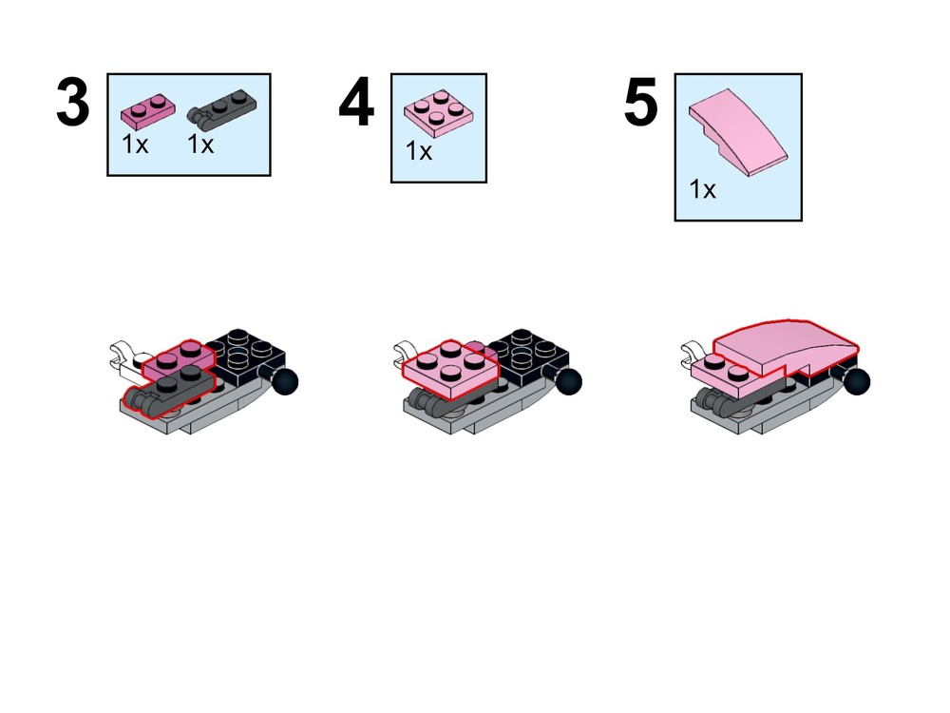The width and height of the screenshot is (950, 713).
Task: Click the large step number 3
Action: click(x=73, y=103)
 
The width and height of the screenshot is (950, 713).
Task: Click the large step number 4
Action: click(x=356, y=103)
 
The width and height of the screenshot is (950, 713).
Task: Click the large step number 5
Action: click(x=641, y=103)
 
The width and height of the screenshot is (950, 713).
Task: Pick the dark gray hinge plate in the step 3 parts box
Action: click(x=221, y=109)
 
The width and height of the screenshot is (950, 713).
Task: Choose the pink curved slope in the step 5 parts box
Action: click(x=738, y=132)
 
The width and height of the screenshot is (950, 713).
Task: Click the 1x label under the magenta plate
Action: click(x=135, y=145)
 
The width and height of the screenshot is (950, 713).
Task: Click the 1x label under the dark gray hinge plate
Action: click(x=200, y=145)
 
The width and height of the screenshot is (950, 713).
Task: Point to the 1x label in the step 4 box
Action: click(x=419, y=151)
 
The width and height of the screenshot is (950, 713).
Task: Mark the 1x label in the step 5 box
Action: click(x=703, y=189)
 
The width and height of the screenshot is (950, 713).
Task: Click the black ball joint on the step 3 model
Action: click(x=285, y=382)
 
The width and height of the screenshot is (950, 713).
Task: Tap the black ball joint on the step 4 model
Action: click(x=568, y=382)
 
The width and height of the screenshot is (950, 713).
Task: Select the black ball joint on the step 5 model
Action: click(x=857, y=382)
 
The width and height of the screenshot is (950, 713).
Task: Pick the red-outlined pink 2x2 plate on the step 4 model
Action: click(x=450, y=369)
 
